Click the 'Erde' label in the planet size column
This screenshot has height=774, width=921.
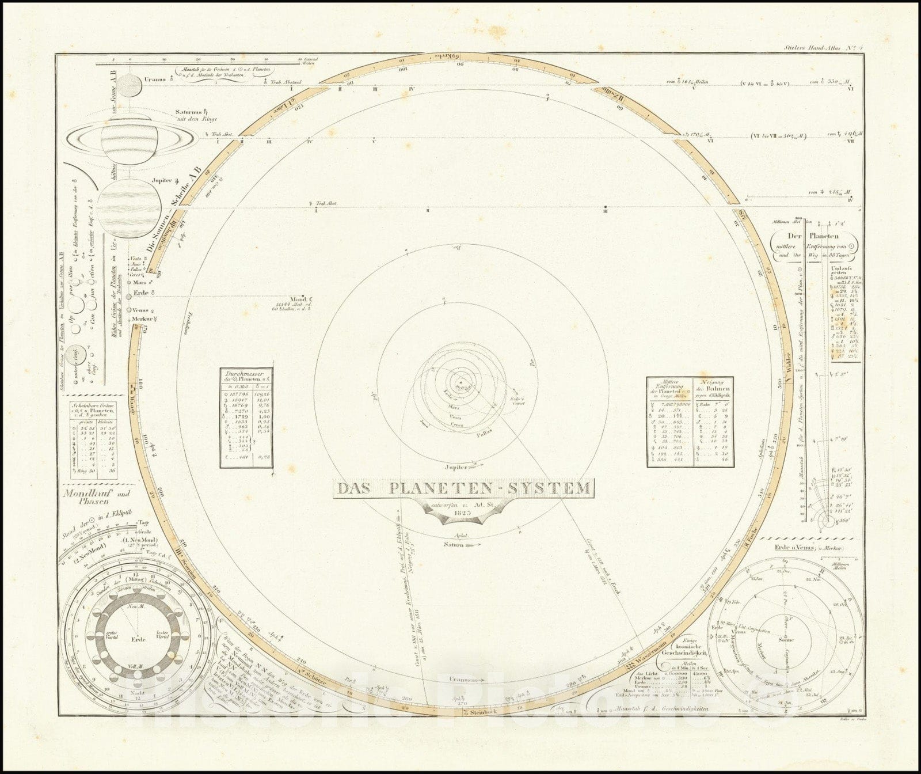click(140, 294)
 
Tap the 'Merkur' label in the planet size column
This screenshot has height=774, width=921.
click(140, 318)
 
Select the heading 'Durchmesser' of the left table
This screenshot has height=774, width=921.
click(246, 373)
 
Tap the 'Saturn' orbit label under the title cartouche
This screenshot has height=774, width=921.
click(454, 545)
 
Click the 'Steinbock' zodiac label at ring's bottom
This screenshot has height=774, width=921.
click(483, 712)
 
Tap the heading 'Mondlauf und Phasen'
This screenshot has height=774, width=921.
click(96, 497)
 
